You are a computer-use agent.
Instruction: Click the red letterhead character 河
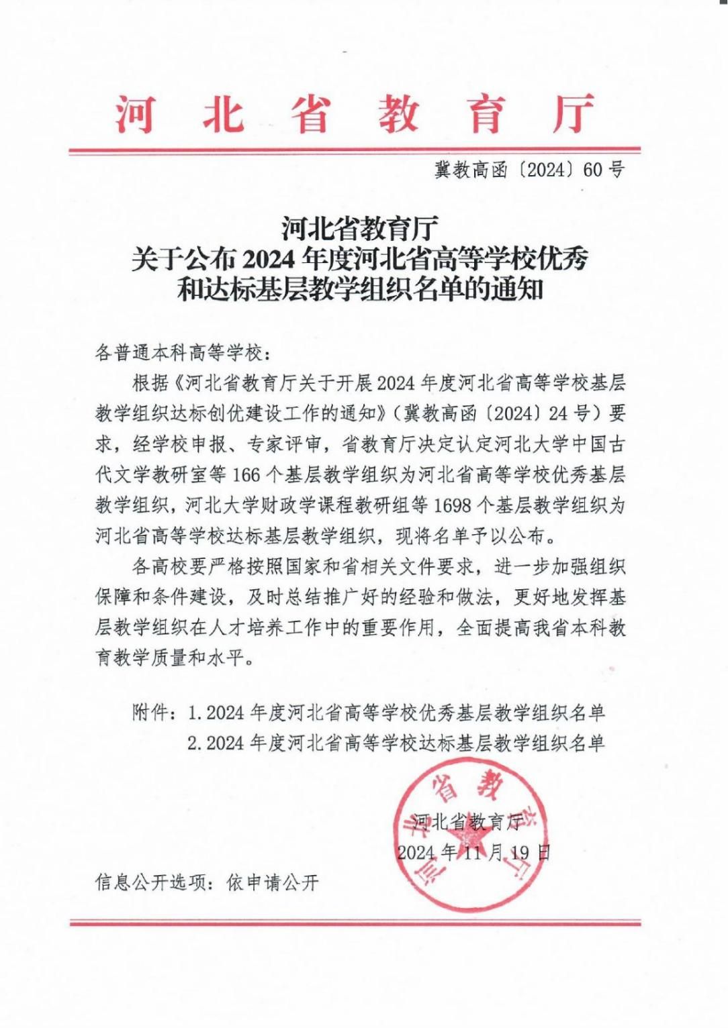(x=135, y=113)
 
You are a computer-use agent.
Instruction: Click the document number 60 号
(x=604, y=170)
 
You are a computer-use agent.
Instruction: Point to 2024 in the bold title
(x=269, y=258)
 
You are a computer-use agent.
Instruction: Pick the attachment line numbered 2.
(x=396, y=743)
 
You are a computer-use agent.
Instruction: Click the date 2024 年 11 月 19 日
(x=473, y=853)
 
